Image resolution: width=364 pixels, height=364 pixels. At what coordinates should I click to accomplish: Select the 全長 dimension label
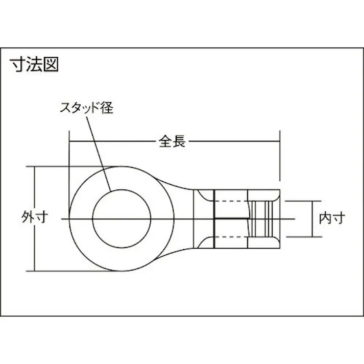172,142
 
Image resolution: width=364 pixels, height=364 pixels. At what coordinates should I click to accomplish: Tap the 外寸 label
35,217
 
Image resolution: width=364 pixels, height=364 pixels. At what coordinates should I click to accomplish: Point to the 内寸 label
332,218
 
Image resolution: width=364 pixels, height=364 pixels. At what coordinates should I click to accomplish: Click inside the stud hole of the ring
121,219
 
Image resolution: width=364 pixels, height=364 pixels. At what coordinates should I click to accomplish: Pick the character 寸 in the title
18,64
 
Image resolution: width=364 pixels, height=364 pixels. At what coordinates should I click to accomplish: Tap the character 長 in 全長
179,142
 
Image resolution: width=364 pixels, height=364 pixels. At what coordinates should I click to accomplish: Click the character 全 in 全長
165,142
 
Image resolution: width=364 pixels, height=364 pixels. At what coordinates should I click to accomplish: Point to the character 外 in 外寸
28,217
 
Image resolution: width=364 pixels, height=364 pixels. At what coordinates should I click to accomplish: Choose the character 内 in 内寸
325,218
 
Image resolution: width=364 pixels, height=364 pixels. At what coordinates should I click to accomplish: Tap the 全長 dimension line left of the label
112,142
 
